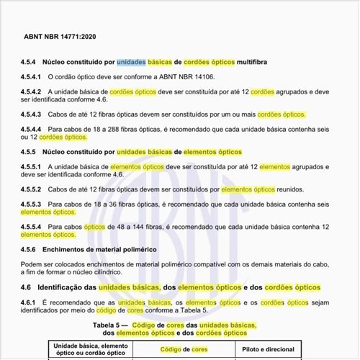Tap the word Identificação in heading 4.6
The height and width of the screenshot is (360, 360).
pos(63,287)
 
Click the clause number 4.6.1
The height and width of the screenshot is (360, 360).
pos(30,302)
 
